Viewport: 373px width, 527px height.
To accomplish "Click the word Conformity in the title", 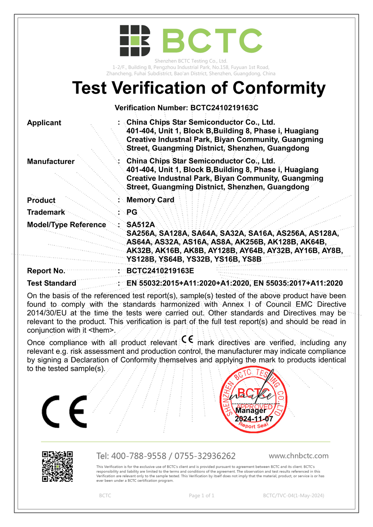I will tap(279, 88).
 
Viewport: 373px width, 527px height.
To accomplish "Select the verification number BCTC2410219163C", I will tap(224, 108).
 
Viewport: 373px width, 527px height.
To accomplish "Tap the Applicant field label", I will tap(44, 123).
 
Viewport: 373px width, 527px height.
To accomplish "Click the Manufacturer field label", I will tap(51, 161).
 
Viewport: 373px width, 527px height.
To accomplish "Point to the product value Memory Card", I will tap(150, 200).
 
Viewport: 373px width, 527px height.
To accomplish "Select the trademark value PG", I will tap(132, 212).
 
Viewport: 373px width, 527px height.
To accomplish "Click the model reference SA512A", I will tap(140, 224).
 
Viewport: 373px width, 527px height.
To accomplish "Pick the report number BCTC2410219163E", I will tap(160, 271).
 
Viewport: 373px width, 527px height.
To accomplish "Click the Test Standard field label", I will tap(52, 283).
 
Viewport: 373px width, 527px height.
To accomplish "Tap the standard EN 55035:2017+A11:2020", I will tap(298, 283).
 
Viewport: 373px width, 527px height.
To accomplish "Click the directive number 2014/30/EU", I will tap(47, 313).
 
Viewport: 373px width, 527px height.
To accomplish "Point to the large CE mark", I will tap(65, 412).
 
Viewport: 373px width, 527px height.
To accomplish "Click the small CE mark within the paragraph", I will tap(187, 340).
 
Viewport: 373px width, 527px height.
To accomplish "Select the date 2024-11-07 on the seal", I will tap(254, 419).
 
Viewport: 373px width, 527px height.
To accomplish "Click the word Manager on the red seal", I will tap(251, 410).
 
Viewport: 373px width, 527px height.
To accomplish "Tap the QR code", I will tap(57, 467).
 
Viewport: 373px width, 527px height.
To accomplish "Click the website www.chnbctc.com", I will tap(299, 456).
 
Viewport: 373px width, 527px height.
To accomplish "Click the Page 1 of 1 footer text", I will tap(202, 495).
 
